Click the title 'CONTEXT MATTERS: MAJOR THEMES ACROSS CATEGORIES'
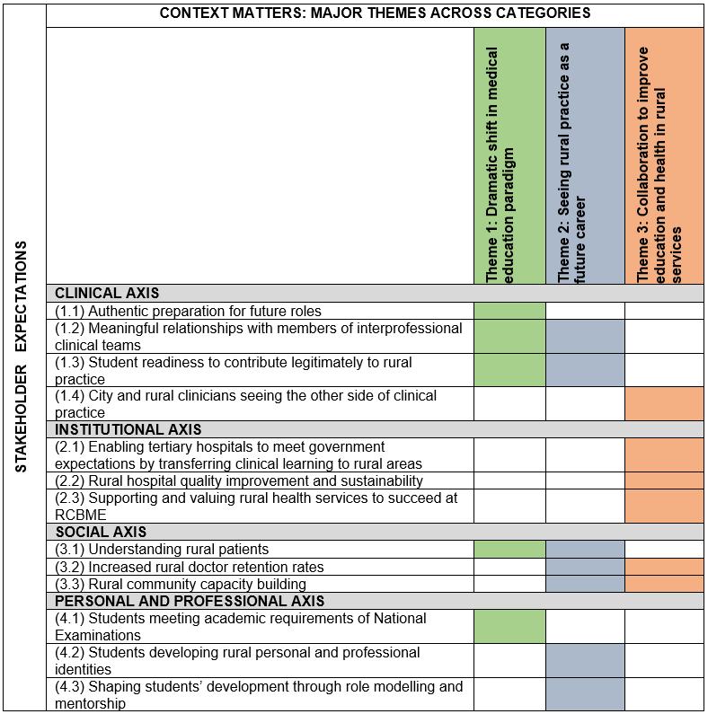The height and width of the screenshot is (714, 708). click(375, 13)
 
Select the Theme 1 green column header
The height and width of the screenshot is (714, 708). click(509, 155)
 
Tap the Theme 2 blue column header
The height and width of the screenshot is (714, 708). click(585, 155)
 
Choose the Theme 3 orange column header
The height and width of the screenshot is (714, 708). click(665, 155)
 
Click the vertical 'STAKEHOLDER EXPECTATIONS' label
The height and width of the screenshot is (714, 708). click(22, 357)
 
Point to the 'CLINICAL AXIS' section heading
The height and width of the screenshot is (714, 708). click(107, 293)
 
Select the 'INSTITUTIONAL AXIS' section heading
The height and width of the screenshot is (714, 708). click(128, 430)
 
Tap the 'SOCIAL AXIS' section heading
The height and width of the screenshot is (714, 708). click(101, 533)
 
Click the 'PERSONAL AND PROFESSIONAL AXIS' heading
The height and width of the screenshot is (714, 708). click(190, 601)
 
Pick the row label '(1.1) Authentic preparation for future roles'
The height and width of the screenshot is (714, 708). click(188, 311)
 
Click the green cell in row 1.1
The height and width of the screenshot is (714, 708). click(509, 311)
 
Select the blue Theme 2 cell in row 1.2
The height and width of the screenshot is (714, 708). click(585, 337)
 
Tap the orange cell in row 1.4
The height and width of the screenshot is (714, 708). click(665, 404)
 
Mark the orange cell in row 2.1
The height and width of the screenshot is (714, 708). click(665, 455)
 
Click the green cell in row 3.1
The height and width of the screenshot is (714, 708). click(509, 550)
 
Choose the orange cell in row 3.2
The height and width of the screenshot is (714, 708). click(665, 567)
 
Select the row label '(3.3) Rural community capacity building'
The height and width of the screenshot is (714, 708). click(181, 584)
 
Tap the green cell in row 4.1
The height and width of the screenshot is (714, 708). click(509, 627)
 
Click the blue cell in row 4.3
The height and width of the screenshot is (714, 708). click(585, 694)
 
